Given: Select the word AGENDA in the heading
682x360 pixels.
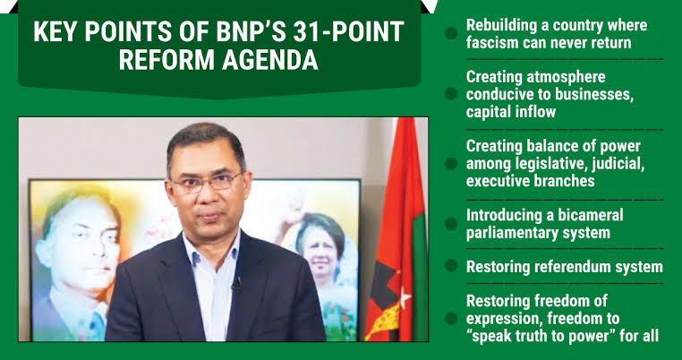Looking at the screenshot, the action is pos(270,61).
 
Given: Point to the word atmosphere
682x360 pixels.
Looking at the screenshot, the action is pos(566,77).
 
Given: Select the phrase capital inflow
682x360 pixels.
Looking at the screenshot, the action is pos(511,111).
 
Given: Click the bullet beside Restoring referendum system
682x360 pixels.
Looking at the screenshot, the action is pos(451,265).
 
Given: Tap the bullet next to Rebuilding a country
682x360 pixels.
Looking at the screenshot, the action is pos(451,33).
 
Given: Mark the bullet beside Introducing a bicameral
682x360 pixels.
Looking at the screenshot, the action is pos(451,224).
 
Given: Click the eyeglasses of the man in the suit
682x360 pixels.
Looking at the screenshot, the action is pos(207,182).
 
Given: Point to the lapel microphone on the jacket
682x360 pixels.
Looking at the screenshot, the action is pos(237,284).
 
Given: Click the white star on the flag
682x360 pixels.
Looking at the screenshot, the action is pos(405,298).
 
